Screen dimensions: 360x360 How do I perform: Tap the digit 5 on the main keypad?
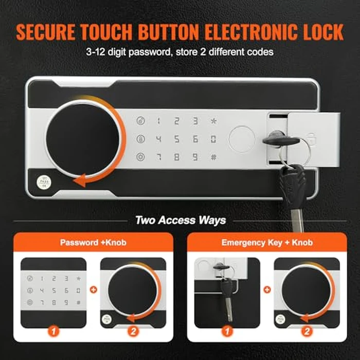176,139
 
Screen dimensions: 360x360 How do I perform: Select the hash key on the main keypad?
213,157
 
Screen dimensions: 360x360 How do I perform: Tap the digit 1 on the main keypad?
158,121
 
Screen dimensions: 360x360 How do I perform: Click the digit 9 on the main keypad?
195,157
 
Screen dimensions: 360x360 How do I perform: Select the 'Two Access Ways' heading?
180,220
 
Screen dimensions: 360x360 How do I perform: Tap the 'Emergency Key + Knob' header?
266,242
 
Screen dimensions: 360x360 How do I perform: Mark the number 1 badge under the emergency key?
226,331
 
